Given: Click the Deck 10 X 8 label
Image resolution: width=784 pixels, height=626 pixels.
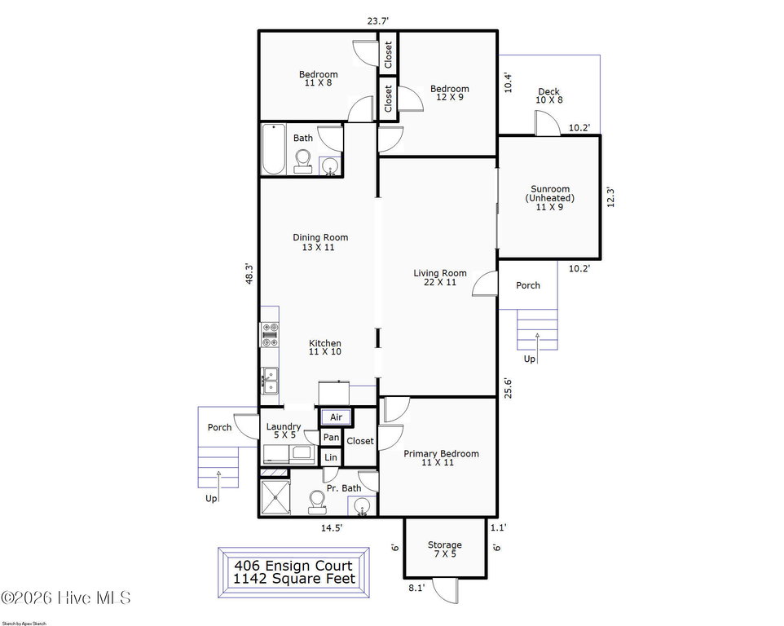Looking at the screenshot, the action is pos(549,95).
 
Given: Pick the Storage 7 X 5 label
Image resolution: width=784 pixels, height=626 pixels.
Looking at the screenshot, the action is pos(444,549).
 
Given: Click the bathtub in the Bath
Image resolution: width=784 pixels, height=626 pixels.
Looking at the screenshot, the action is pos(274,149).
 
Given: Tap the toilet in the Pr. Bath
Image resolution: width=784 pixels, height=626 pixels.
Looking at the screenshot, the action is pos(317,502).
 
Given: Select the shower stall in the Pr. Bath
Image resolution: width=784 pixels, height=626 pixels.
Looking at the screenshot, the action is pos(275,497).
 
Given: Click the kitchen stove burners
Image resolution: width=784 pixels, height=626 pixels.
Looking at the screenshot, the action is pos(270,335).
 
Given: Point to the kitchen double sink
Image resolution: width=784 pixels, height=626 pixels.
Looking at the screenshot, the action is pos(270,381).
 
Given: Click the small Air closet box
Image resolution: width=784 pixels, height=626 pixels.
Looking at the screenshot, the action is pos(336,417).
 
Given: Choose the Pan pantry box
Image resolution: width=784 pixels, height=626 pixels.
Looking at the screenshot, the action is pos(331,438).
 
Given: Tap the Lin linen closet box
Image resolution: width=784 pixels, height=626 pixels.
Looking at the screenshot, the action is pos(331,457).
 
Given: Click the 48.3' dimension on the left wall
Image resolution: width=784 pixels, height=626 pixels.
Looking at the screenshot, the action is pos(249,274).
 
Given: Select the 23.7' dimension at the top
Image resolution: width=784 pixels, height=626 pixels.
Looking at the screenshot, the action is pos(378,21).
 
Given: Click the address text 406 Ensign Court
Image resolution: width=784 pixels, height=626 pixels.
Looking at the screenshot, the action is pos(293,566).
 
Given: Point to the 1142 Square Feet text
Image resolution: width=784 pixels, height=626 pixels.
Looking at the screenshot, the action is pos(294,579).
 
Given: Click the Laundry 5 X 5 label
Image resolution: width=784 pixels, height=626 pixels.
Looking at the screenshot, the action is pos(284,431).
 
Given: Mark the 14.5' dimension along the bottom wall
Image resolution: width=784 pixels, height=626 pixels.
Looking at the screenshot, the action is pos(332,527).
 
